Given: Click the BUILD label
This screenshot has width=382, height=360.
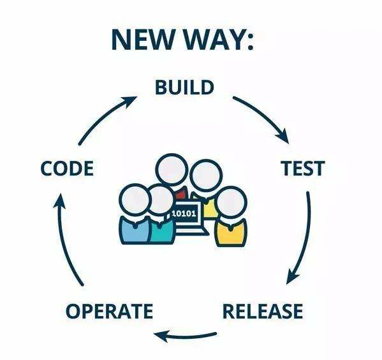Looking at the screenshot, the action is pos(184,87).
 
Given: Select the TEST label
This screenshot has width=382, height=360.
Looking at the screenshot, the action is pos(303,168).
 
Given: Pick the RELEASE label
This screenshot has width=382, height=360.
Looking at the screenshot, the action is pos(263,311).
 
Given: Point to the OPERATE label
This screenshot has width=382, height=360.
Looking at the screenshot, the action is pos(110,311).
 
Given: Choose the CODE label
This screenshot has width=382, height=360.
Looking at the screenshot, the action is pos(67,168).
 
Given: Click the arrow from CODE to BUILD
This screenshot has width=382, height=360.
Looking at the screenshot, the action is pos(103,116).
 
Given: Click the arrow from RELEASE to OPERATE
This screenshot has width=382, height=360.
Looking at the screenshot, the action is pos(185,336).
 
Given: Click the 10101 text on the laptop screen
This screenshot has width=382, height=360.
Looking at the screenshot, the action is pos(184,214).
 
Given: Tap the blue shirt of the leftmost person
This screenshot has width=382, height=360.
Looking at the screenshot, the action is pos(133,232).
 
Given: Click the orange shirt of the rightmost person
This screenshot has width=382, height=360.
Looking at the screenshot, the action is pos(230,234).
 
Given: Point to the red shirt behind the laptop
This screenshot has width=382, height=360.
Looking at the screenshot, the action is pos(182,195).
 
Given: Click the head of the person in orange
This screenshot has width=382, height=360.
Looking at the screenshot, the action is pos(231,202).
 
